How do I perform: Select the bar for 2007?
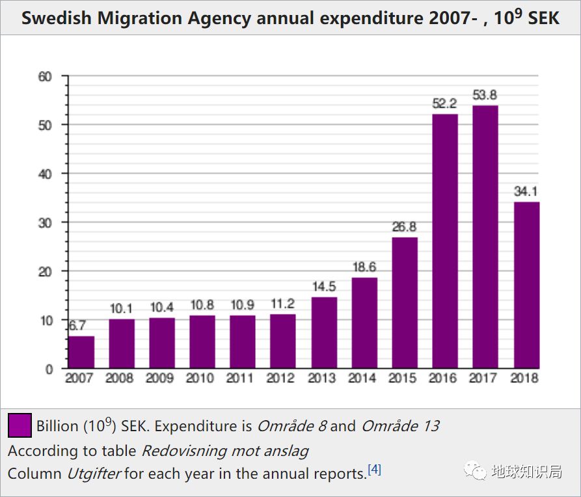coord(82,352)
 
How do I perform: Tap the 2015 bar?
coord(405,303)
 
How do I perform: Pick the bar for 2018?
coord(526,285)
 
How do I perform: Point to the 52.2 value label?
coord(445,104)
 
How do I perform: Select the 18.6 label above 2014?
coord(364,267)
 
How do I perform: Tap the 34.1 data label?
coord(526,192)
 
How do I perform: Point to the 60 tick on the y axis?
coord(45,76)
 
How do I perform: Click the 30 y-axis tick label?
coord(45,222)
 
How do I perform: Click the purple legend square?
coord(20,426)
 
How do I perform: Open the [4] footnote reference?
coord(374,470)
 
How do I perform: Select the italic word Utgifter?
coord(94,474)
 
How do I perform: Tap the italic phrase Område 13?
coord(400,426)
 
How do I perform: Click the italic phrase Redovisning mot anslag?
coord(225,450)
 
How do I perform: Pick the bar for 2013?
coord(324,332)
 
